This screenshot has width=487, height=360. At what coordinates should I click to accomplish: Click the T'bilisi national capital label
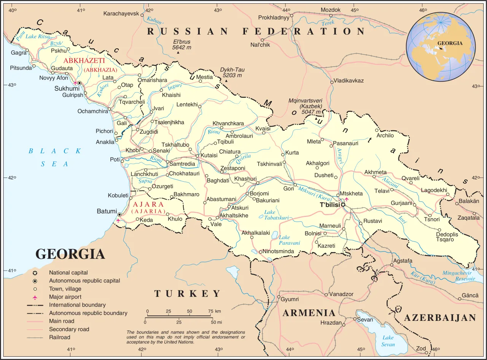pos(329,205)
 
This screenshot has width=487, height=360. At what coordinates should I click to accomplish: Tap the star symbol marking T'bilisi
pos(343,205)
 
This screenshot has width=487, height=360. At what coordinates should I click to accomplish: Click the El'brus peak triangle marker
pos(178,53)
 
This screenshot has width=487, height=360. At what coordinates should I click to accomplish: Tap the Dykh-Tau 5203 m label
pos(232,72)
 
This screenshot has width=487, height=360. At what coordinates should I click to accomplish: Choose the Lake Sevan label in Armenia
pos(388,341)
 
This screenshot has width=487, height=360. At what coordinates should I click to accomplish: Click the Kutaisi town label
pos(209,155)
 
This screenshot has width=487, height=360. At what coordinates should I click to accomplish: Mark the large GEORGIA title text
pos(70,254)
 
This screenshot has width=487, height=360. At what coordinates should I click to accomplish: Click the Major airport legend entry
pos(65,297)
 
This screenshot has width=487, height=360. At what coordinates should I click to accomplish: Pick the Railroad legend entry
pos(59,337)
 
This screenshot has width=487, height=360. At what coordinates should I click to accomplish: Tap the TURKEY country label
pos(187,293)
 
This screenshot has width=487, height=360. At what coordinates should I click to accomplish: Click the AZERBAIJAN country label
pos(440,318)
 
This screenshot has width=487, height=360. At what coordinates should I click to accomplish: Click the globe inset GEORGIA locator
pos(450,43)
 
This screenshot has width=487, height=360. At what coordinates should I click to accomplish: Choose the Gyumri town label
pos(290,299)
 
